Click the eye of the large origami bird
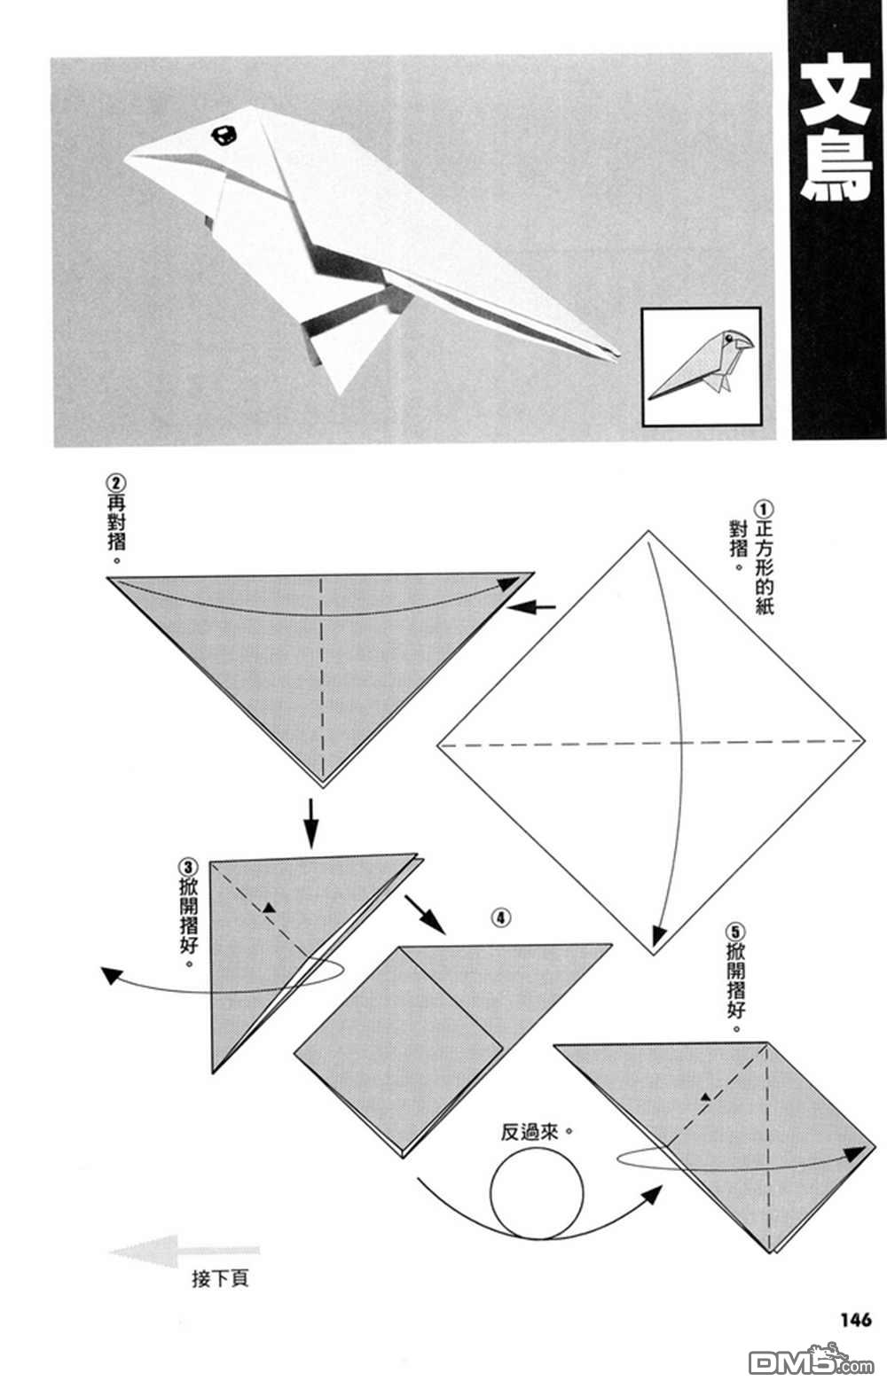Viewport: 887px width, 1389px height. pyautogui.click(x=226, y=135)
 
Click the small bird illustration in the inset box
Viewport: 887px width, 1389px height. pyautogui.click(x=701, y=365)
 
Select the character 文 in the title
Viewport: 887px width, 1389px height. pyautogui.click(x=836, y=90)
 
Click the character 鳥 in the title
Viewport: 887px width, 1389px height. pyautogui.click(x=836, y=168)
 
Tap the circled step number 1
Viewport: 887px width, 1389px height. pyautogui.click(x=763, y=509)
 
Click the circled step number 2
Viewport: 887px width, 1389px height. pyautogui.click(x=116, y=484)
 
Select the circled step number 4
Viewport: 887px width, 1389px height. pyautogui.click(x=501, y=917)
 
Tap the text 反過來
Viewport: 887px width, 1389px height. pyautogui.click(x=530, y=1132)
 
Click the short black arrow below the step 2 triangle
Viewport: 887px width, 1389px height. pyautogui.click(x=310, y=822)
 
